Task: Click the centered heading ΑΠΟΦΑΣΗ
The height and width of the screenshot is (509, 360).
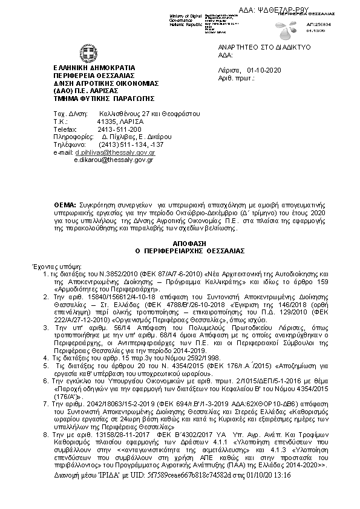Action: [x=180, y=241]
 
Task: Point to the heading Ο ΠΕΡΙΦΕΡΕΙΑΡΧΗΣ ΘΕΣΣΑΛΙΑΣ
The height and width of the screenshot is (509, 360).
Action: [x=180, y=248]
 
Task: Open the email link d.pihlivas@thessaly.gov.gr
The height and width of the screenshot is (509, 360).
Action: [x=115, y=153]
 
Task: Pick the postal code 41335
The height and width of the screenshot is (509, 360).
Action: [x=106, y=122]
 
